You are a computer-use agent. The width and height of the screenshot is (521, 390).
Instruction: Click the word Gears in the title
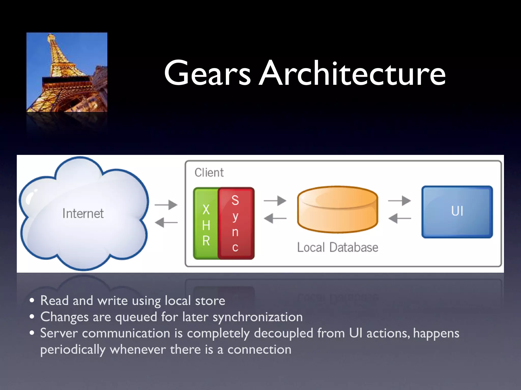pos(207,74)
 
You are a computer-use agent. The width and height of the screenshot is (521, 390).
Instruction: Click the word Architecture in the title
pos(352,74)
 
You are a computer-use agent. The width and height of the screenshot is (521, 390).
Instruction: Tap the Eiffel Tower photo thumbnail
pos(67,72)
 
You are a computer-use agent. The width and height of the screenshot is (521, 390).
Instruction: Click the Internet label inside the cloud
pos(83,214)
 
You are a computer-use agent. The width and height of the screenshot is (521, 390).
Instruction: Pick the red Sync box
pos(236,223)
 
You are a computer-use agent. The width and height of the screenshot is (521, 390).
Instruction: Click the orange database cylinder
pos(338,209)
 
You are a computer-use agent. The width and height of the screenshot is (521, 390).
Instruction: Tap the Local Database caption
pos(338,247)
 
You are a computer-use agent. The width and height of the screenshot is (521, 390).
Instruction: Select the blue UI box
pos(457,212)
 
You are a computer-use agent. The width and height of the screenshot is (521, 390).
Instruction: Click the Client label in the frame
pos(209,173)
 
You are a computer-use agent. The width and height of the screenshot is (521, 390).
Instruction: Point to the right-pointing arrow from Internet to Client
pos(166,205)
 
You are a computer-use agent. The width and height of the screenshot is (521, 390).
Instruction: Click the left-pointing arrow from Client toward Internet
pos(166,223)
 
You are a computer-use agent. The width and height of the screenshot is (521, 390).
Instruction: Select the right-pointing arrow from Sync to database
pos(275,201)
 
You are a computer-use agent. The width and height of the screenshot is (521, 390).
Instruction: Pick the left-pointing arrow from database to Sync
pos(275,218)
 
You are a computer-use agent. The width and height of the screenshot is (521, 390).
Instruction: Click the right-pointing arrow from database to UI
pos(399,201)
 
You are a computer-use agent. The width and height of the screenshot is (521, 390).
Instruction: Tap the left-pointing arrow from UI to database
pos(399,218)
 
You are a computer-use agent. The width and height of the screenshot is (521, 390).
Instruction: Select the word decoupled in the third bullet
pos(283,333)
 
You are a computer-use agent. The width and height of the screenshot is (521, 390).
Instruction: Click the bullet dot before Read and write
pos(32,301)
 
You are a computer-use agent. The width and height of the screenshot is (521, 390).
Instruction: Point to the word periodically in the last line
pos(73,350)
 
